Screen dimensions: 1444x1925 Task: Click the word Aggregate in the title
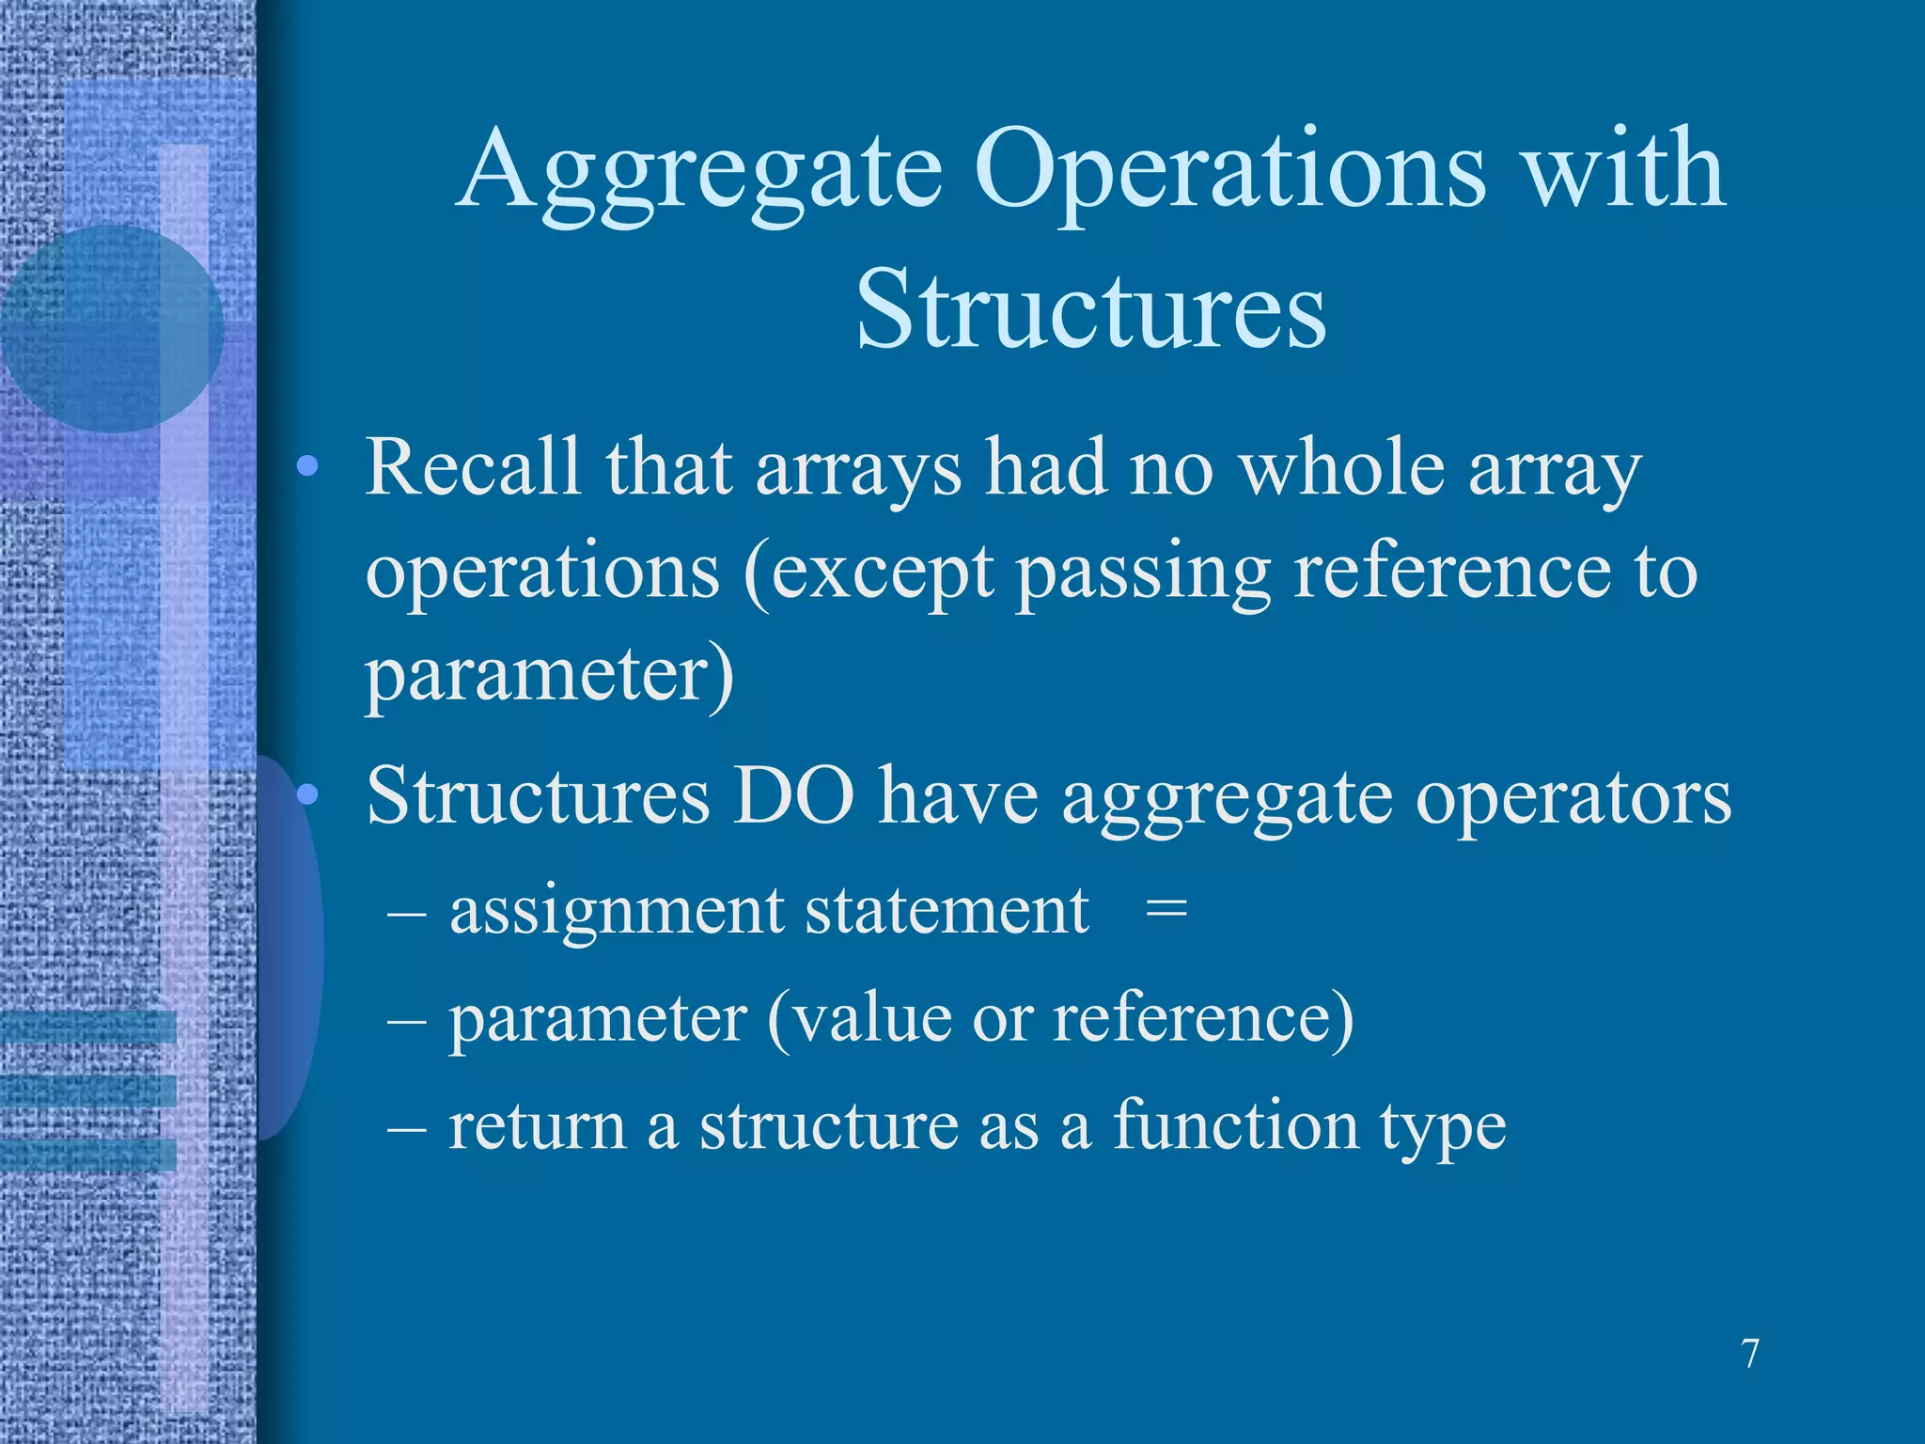pos(700,174)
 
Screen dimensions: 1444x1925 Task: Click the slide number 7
pos(1749,1355)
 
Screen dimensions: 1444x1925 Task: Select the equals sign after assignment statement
pos(1166,910)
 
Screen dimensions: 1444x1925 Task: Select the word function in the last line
pos(1235,1124)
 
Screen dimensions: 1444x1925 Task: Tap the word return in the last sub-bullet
pos(537,1126)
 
